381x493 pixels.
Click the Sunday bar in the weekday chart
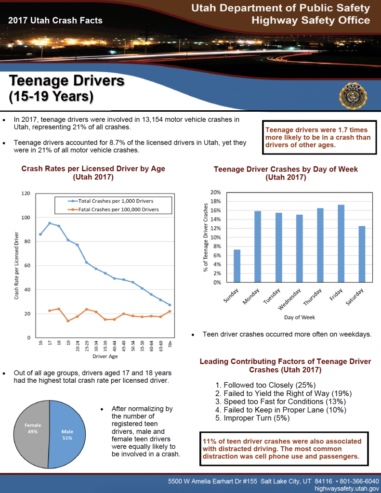pyautogui.click(x=237, y=266)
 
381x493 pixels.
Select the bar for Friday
pyautogui.click(x=341, y=244)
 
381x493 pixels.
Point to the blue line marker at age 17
pyautogui.click(x=50, y=223)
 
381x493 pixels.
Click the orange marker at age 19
pyautogui.click(x=68, y=321)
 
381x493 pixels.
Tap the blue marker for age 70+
pyautogui.click(x=170, y=305)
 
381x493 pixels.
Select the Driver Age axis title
pyautogui.click(x=105, y=357)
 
